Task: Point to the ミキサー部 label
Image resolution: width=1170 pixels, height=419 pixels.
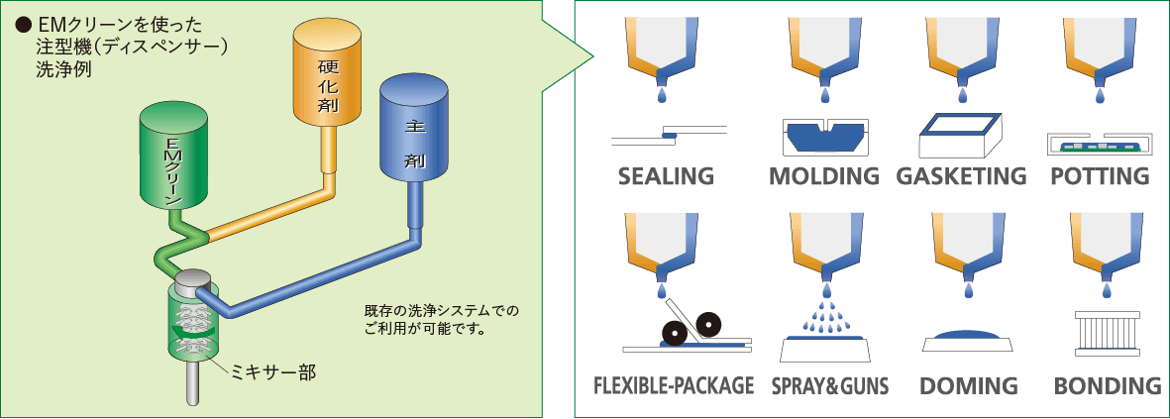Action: [272, 373]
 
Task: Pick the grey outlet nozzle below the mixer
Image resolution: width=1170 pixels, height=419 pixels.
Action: [193, 382]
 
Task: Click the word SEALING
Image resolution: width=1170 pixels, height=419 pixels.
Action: [666, 177]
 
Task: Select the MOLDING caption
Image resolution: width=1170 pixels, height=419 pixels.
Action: [824, 177]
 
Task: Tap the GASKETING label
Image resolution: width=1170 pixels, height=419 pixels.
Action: [962, 177]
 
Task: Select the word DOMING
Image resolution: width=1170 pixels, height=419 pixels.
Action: [967, 385]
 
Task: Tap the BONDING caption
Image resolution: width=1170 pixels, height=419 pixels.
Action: [1107, 385]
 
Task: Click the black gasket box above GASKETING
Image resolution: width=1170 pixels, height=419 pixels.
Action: [960, 138]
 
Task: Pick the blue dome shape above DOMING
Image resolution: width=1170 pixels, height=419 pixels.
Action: [967, 337]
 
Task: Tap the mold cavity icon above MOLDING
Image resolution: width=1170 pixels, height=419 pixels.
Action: [824, 137]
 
